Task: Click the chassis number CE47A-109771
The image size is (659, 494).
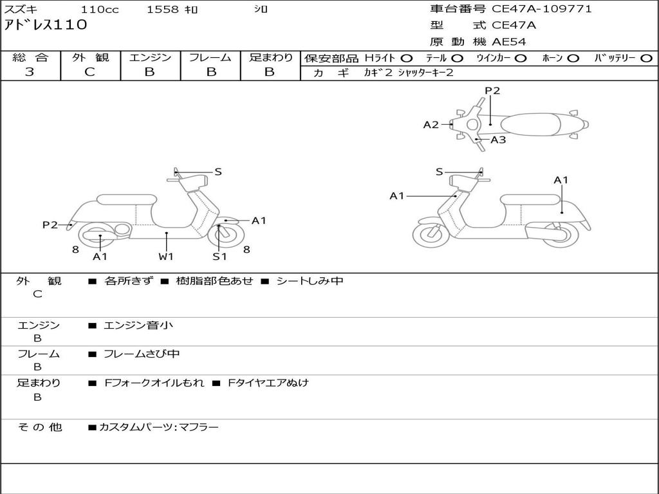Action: (541, 9)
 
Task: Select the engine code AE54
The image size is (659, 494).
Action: (509, 42)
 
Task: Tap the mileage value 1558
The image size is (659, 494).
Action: (163, 10)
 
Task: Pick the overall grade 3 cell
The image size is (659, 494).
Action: (30, 72)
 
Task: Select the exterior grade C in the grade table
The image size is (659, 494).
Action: (89, 72)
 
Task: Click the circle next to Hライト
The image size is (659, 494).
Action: (407, 59)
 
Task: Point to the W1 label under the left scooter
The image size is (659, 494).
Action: (166, 257)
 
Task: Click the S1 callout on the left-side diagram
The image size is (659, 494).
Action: (219, 257)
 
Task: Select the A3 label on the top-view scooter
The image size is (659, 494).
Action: (498, 140)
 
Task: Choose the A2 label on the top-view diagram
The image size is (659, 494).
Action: (431, 125)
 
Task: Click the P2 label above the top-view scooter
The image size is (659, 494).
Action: (492, 91)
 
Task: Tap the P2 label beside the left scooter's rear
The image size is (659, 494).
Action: (50, 224)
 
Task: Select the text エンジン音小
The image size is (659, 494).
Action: (138, 325)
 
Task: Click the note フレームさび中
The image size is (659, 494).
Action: (142, 354)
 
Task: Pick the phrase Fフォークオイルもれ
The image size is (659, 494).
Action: (154, 383)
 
